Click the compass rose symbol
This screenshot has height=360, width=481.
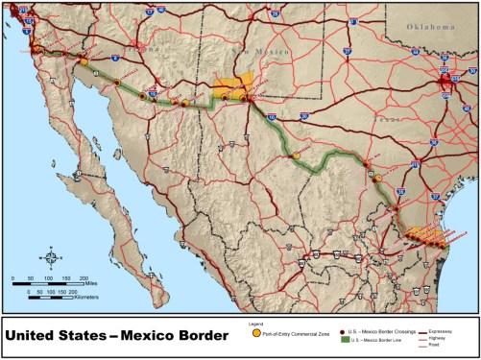pyautogui.click(x=52, y=257)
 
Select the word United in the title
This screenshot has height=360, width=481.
pyautogui.click(x=37, y=337)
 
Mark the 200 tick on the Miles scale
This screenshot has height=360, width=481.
pyautogui.click(x=82, y=277)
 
